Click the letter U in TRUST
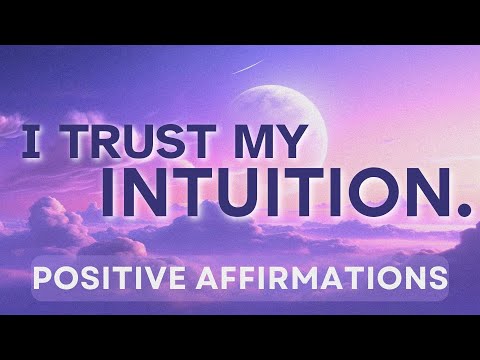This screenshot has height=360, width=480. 165,141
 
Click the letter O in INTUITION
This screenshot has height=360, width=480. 385,193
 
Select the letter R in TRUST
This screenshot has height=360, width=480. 122,141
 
